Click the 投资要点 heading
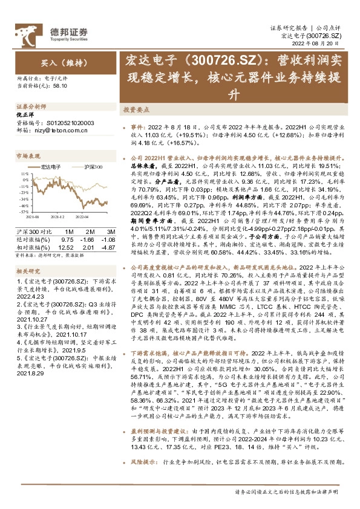pos(154,111)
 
